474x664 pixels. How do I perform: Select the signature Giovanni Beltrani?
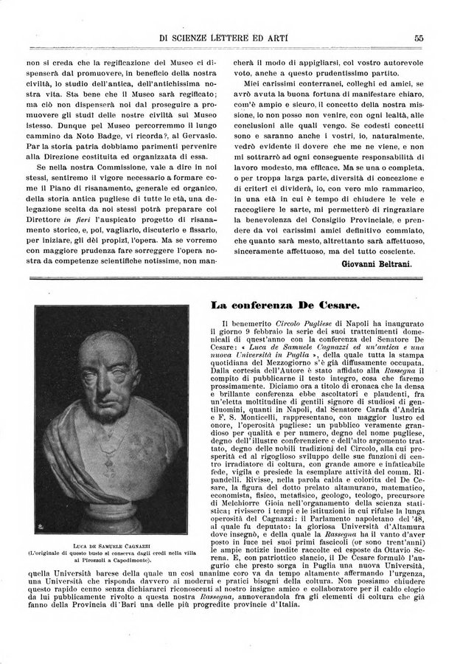(x=377, y=263)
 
